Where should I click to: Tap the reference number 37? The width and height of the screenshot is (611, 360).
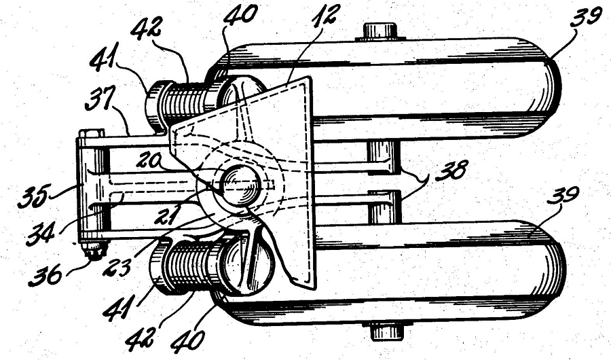(98, 101)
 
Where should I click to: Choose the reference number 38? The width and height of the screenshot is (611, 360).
(451, 172)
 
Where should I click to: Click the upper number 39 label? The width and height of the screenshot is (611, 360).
(583, 18)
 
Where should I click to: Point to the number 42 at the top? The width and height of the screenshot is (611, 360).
(145, 29)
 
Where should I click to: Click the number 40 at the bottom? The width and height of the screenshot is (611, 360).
(187, 340)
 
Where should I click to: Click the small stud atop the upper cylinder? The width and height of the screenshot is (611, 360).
(380, 31)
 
